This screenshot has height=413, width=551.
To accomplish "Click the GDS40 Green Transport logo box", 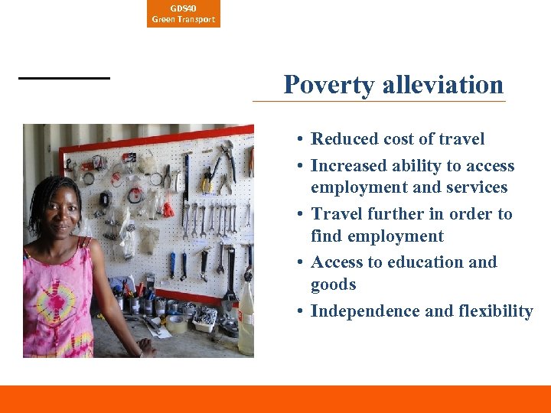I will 183,14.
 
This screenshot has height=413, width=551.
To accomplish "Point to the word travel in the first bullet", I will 462,139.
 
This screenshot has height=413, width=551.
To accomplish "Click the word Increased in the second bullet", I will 347,166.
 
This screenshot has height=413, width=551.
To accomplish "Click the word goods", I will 333,285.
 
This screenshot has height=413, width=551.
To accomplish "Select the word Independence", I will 365,311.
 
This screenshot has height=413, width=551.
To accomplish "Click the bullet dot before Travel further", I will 303,214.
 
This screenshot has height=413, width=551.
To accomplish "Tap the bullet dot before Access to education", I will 303,262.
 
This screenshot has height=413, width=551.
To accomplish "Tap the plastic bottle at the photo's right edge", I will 246,321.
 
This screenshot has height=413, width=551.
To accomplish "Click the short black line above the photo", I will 64,78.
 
